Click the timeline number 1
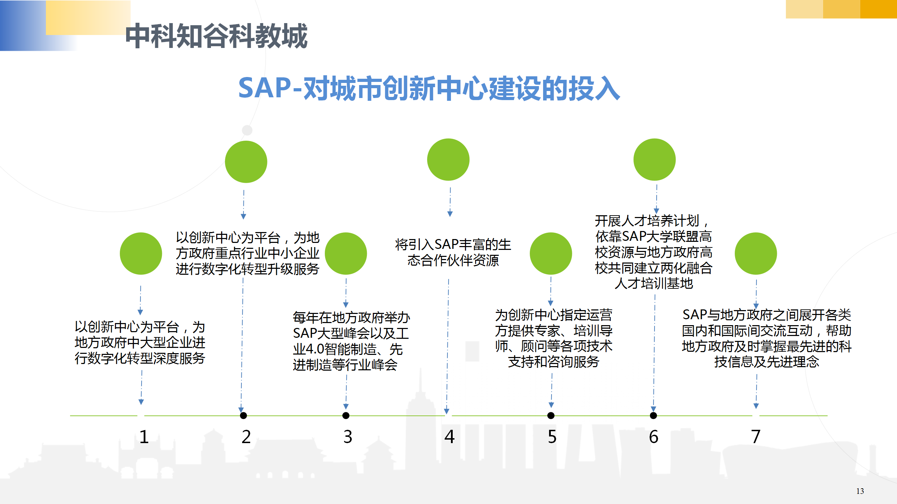tap(144, 437)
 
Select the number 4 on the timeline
tap(450, 437)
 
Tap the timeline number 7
tap(756, 437)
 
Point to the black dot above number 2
tap(244, 415)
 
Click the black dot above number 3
tap(346, 415)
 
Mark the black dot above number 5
tap(551, 415)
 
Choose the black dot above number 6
tap(653, 415)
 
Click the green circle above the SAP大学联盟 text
tap(655, 160)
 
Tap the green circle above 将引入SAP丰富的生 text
tap(448, 160)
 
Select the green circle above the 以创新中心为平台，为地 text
tap(246, 162)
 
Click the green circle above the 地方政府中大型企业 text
tap(141, 253)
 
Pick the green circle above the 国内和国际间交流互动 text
tap(756, 253)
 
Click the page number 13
tap(860, 491)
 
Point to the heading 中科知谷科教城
tap(217, 36)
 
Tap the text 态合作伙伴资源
tap(453, 260)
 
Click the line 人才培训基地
tap(654, 283)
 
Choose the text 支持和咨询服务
tap(554, 362)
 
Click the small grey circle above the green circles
tap(247, 130)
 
